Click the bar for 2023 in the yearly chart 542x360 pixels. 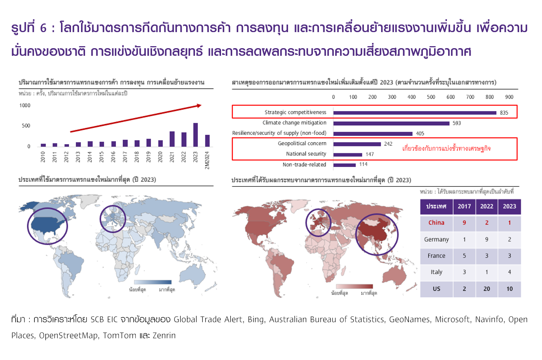195,135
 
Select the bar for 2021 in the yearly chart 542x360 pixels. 172,139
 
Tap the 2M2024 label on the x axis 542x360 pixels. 207,160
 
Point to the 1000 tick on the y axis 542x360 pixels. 25,106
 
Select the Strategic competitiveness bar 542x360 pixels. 414,113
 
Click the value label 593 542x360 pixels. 457,123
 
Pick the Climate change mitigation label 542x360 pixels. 294,123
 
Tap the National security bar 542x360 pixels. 347,155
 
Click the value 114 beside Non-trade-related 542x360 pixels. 363,164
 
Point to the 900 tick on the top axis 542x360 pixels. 509,97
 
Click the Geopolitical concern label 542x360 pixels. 302,143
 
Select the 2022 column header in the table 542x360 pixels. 487,206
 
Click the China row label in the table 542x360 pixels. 436,223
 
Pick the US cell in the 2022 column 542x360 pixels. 487,289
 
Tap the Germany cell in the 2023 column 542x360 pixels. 510,240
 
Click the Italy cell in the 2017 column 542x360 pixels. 464,272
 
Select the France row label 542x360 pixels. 436,256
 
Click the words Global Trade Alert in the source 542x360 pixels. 208,319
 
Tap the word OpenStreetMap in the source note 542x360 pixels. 69,336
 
